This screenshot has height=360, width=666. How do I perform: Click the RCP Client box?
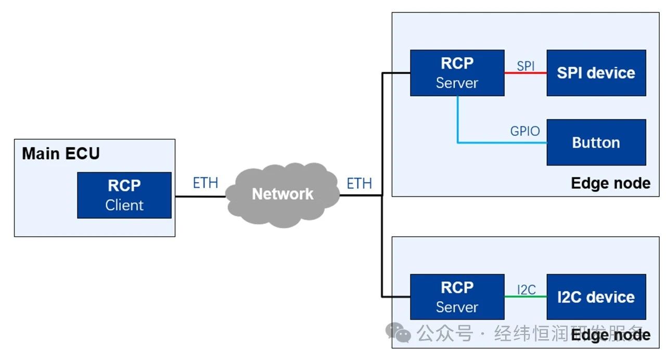(x=124, y=195)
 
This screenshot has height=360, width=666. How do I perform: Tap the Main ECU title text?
(x=60, y=154)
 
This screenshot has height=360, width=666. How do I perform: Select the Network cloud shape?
(x=283, y=194)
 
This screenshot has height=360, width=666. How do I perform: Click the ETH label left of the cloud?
(x=205, y=183)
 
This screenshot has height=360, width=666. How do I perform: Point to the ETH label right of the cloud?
(x=359, y=183)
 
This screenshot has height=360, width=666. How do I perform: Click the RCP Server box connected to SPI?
(x=457, y=73)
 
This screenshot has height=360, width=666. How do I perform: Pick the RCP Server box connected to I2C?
(x=457, y=297)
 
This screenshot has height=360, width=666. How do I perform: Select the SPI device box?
(x=596, y=73)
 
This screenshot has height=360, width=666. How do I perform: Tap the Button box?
(x=596, y=143)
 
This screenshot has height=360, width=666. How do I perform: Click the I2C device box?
(x=596, y=297)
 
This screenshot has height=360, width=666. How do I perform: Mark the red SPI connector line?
(x=526, y=73)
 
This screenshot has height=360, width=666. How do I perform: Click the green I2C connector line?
(x=526, y=297)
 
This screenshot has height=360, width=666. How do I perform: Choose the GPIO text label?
(x=524, y=131)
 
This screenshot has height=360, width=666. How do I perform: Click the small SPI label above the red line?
(x=526, y=66)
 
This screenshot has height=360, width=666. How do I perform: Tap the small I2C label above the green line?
(x=526, y=290)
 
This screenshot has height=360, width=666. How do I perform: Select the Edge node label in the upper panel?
(x=610, y=183)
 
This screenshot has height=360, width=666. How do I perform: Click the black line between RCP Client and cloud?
(x=200, y=196)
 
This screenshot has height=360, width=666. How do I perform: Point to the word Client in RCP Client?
(x=124, y=205)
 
